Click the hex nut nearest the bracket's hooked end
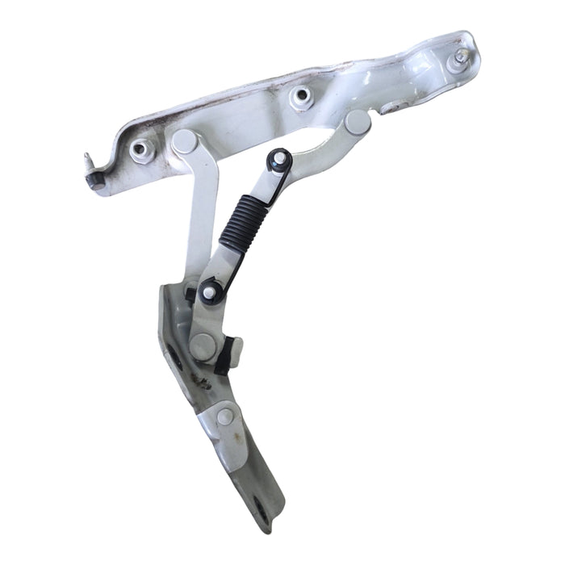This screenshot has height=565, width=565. pyautogui.click(x=143, y=149)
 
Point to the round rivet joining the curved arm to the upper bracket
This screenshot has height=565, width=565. pyautogui.click(x=355, y=123)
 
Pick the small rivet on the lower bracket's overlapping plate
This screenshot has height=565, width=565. pyautogui.click(x=225, y=416)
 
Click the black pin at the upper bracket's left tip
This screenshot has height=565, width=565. pyautogui.click(x=93, y=181)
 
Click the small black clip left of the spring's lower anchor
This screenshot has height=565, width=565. pyautogui.click(x=190, y=295)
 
